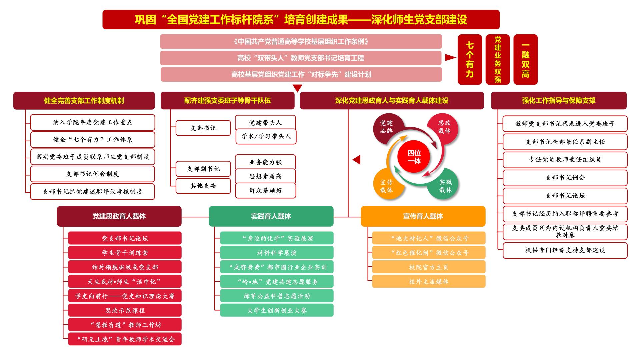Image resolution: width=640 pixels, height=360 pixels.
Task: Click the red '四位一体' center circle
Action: (x=414, y=157)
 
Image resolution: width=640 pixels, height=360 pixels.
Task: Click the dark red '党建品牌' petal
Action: (x=387, y=128)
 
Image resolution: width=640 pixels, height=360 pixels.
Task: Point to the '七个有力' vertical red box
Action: (x=470, y=60)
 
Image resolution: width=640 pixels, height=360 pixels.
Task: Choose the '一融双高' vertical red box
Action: (x=526, y=60)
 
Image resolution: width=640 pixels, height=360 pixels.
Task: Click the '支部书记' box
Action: (x=203, y=128)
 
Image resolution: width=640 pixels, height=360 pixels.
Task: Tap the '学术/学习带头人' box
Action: (x=266, y=137)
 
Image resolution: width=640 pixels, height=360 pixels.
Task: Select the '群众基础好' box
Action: (x=266, y=191)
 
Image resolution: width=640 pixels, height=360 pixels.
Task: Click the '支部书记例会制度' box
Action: (x=93, y=174)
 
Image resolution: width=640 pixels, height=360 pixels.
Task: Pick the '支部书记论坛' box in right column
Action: (x=565, y=196)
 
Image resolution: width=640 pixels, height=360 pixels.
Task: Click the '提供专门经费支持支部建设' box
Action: (x=565, y=250)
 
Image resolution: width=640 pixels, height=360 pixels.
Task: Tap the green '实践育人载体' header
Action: (x=271, y=216)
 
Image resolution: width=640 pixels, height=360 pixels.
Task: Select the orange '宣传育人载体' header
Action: (x=423, y=216)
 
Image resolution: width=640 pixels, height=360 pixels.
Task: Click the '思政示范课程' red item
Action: (x=125, y=310)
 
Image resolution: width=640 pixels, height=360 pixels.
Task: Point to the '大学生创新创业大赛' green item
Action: (x=277, y=310)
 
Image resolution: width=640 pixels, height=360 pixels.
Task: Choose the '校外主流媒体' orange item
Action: (x=429, y=282)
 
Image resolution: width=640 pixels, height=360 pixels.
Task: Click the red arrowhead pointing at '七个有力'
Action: (x=450, y=58)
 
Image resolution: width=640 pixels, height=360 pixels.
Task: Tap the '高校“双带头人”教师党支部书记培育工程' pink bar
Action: (x=301, y=58)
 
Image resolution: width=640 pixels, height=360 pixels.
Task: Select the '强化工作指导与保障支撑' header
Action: (x=559, y=101)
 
